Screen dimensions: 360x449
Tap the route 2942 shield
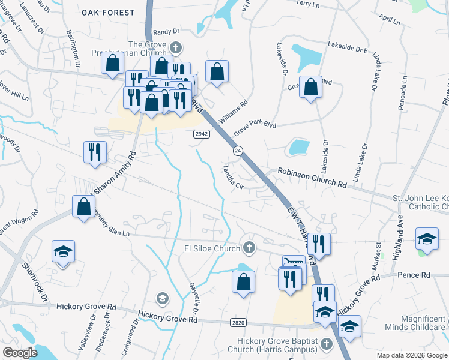pos(201,134)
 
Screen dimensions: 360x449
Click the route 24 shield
pos(238,152)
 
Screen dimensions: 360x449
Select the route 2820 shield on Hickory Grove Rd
pos(238,323)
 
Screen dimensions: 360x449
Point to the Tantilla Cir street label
pos(234,177)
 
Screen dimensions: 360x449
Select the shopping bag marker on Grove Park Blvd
pos(310,87)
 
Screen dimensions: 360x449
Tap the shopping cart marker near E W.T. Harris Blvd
pos(294,265)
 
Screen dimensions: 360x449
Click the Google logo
pos(20,353)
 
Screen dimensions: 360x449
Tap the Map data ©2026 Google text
pos(412,355)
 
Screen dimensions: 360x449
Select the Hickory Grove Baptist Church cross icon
pos(327,344)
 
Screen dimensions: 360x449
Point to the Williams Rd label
pos(234,111)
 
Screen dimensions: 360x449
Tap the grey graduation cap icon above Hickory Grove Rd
pos(162,298)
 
